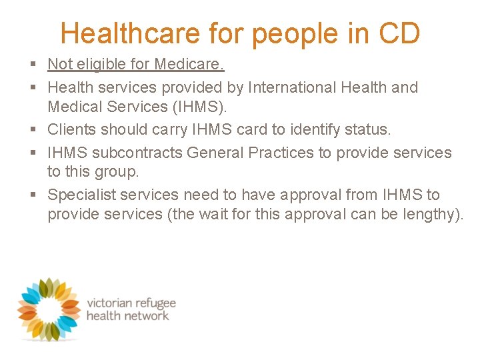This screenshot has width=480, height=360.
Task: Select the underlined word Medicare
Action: (190, 64)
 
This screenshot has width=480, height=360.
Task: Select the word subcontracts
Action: (137, 153)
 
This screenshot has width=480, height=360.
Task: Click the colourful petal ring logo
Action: (48, 308)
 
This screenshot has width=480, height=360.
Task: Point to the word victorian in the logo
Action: (113, 303)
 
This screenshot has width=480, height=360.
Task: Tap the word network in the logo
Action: (146, 316)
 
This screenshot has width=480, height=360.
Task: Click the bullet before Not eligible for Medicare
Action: (33, 65)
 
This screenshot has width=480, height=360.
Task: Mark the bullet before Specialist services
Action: (33, 195)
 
